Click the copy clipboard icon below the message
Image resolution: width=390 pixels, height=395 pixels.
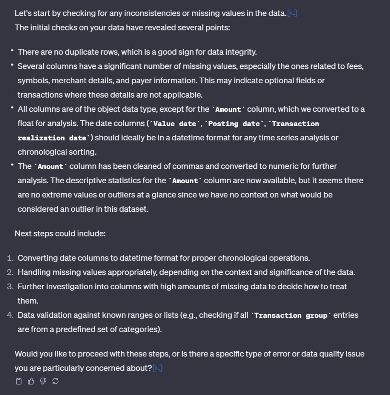point(18,381)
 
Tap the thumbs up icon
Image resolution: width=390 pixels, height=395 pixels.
point(31,381)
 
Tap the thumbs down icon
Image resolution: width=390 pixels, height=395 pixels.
point(43,381)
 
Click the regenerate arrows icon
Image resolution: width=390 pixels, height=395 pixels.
point(56,381)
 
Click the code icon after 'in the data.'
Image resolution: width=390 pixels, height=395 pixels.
point(292,14)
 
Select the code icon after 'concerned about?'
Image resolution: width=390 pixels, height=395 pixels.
point(158,368)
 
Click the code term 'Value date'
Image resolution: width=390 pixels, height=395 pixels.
point(175,124)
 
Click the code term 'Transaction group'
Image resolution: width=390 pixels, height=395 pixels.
point(291,316)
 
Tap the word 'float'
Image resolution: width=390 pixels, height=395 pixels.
point(26,123)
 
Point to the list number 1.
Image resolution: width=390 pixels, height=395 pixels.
point(10,258)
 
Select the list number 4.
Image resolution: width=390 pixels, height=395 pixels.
point(10,315)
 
